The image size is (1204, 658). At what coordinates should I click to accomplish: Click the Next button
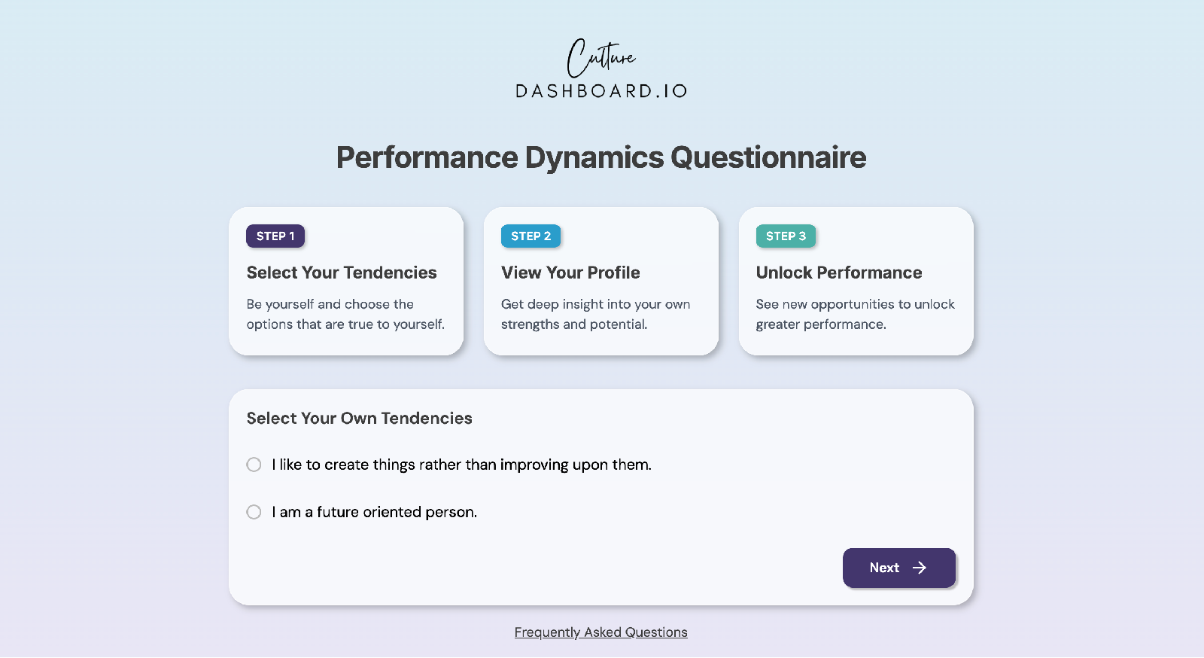[x=898, y=568]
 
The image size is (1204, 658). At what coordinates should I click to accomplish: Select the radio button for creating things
[x=254, y=465]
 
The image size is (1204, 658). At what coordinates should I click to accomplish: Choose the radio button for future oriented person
[x=254, y=512]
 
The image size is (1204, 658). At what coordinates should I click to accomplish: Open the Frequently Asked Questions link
[x=601, y=632]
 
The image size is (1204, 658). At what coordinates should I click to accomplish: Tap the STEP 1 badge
[x=275, y=236]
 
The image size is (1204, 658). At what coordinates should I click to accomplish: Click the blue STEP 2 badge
[x=531, y=236]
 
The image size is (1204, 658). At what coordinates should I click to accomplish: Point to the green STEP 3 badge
[x=786, y=236]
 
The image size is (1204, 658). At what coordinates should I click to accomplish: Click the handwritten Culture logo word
[x=601, y=58]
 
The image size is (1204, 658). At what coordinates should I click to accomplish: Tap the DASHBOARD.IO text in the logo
[x=601, y=91]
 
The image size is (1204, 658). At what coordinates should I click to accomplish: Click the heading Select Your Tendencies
[x=342, y=273]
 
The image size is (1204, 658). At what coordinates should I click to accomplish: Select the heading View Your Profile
[x=570, y=273]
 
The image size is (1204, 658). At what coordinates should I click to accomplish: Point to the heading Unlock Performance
[x=838, y=273]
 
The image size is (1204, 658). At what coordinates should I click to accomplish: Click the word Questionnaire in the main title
[x=768, y=157]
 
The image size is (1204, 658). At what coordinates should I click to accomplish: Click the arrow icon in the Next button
[x=919, y=568]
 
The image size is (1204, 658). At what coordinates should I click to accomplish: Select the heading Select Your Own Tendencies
[x=359, y=419]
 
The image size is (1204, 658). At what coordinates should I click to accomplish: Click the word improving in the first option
[x=534, y=465]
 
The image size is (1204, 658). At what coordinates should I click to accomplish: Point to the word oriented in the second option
[x=392, y=512]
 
